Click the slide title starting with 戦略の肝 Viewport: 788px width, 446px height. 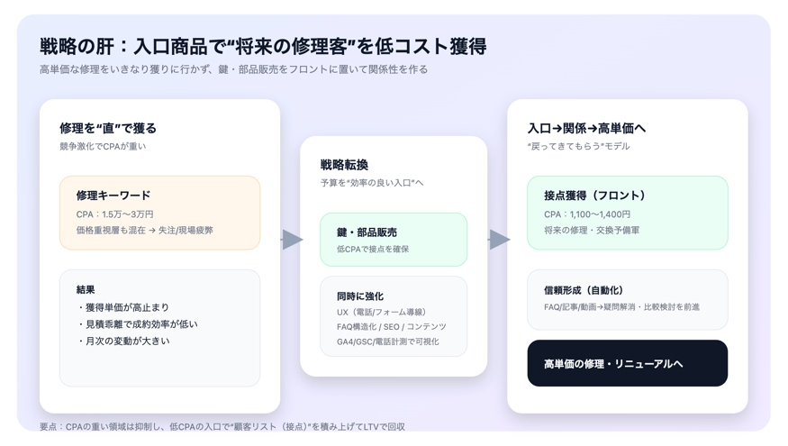(x=263, y=46)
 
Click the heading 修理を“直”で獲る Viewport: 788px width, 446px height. (x=108, y=128)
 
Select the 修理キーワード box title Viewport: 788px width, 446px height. (x=113, y=196)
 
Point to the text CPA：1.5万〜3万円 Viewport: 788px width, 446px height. (x=114, y=214)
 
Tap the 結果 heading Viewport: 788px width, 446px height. (x=86, y=289)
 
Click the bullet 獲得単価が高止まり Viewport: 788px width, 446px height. (x=123, y=307)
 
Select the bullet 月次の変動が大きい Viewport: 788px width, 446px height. (x=123, y=341)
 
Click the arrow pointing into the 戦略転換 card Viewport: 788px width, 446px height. (x=293, y=240)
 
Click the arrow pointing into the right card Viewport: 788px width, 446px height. (x=500, y=240)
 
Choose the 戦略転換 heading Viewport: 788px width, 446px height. (x=344, y=164)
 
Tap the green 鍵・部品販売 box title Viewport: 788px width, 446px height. (x=367, y=232)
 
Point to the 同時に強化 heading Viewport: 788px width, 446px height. (x=360, y=296)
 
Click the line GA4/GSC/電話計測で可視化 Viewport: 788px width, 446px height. (x=387, y=341)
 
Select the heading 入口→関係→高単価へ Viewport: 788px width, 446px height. (x=586, y=128)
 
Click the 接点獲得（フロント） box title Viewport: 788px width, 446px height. (x=594, y=196)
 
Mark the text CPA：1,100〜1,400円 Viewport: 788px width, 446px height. (x=587, y=214)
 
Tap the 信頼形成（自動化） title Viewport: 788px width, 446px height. (x=584, y=290)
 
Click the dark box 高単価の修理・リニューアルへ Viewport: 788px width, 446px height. (x=627, y=363)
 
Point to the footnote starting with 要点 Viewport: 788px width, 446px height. (x=222, y=426)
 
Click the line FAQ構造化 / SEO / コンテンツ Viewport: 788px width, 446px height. (x=392, y=327)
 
